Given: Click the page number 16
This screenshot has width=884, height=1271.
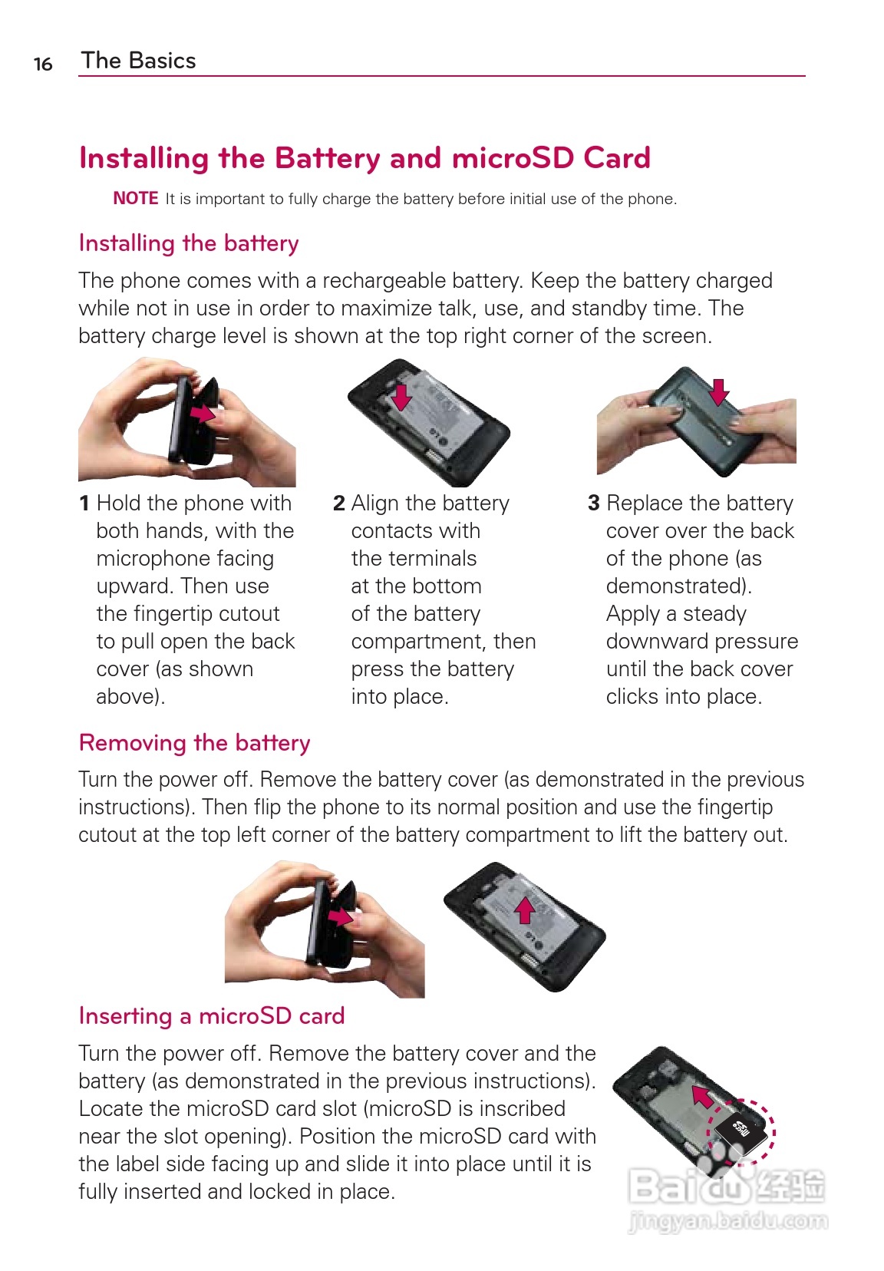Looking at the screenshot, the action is pyautogui.click(x=43, y=64).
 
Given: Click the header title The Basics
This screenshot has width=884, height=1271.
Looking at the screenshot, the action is pyautogui.click(x=138, y=60).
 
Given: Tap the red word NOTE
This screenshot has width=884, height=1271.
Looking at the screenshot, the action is pyautogui.click(x=136, y=198).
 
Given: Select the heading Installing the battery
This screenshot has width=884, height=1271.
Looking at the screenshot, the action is pyautogui.click(x=188, y=243).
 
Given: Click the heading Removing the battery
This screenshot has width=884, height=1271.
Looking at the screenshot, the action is pyautogui.click(x=195, y=742).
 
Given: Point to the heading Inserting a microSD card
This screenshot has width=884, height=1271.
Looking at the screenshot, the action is pyautogui.click(x=212, y=1015).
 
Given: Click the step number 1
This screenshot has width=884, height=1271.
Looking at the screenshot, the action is pyautogui.click(x=84, y=503).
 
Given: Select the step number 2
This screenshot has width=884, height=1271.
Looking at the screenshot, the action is pyautogui.click(x=338, y=503).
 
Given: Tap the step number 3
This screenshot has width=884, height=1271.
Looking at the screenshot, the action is pyautogui.click(x=593, y=503).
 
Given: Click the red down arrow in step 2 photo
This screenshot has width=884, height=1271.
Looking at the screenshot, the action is pyautogui.click(x=402, y=396).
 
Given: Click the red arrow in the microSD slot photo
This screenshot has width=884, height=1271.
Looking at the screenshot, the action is pyautogui.click(x=702, y=1096).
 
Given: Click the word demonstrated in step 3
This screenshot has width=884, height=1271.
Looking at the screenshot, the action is pyautogui.click(x=678, y=586).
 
